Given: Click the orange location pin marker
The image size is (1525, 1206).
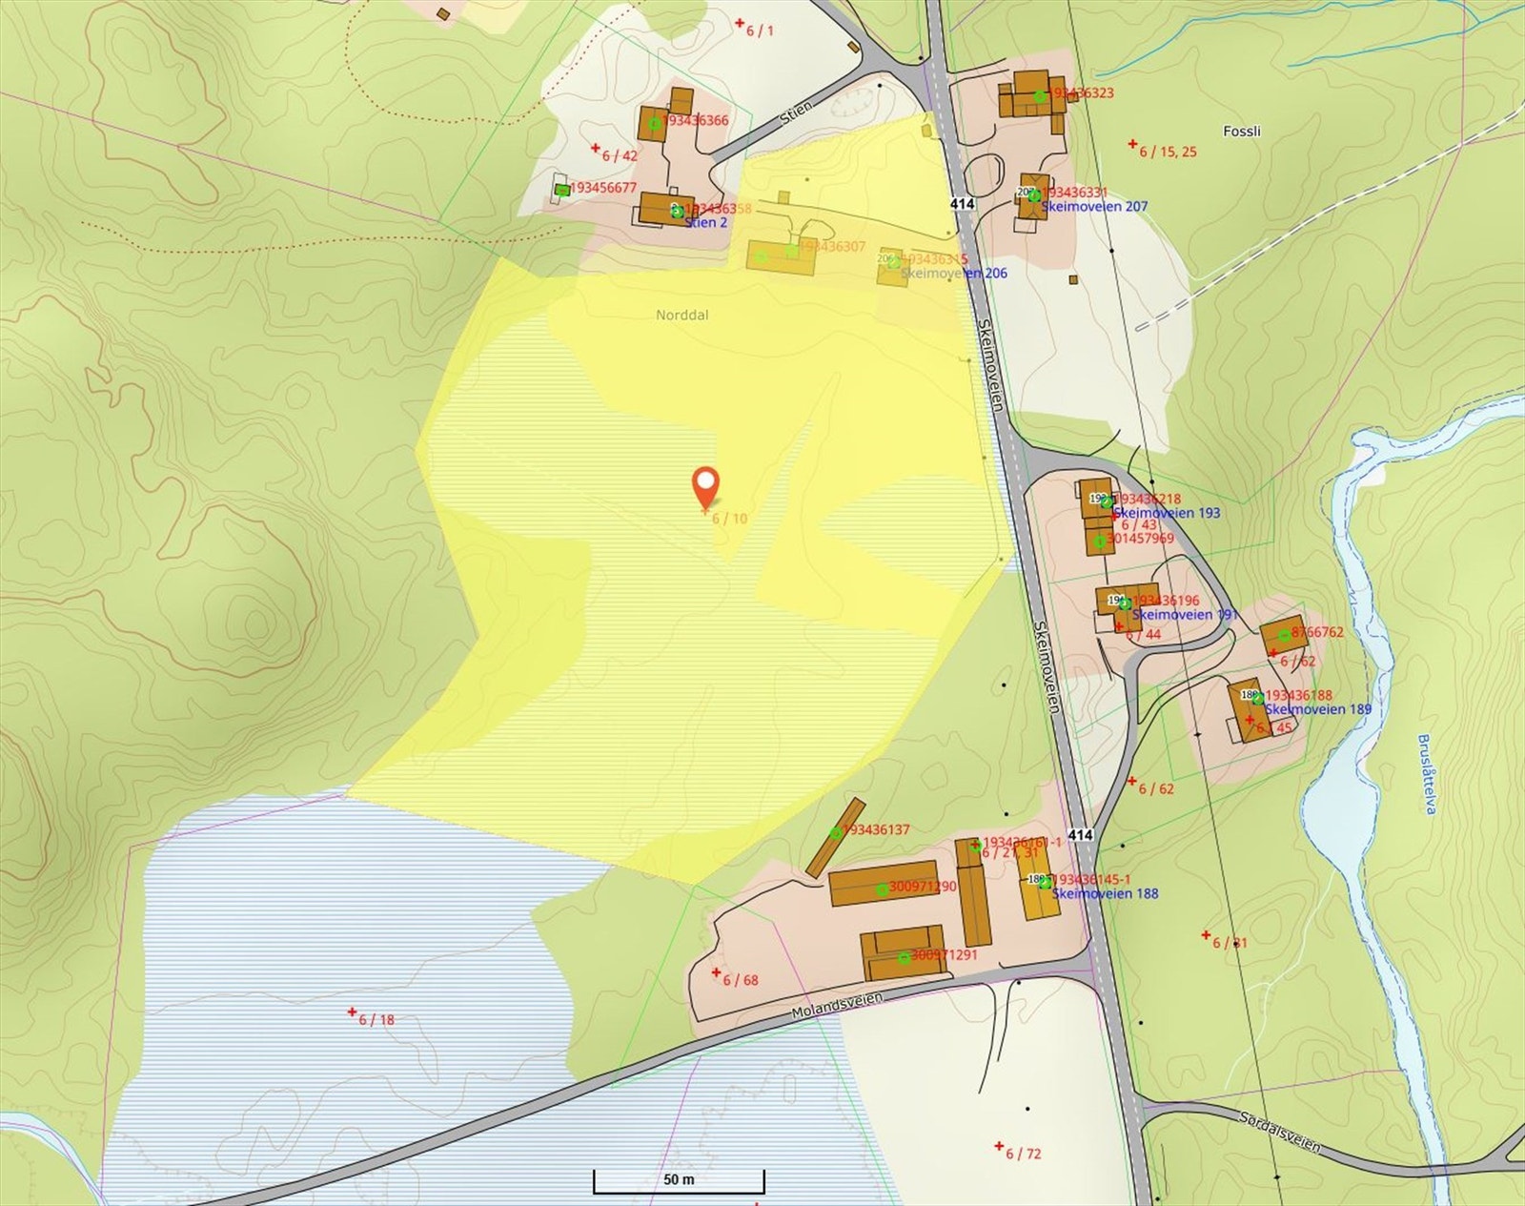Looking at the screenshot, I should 704,487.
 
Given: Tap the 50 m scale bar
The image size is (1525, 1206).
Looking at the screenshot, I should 679,1180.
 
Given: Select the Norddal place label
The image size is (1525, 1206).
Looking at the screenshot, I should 681,315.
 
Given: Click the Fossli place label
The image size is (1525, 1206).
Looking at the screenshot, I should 1241,132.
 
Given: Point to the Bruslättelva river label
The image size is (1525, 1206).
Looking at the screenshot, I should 1426,773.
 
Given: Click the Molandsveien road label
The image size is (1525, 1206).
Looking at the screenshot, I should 837,1005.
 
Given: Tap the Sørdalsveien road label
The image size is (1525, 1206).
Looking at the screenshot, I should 1279,1131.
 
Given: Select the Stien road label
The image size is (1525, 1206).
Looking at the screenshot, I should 796,112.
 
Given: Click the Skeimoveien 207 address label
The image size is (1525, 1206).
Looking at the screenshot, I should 1094,206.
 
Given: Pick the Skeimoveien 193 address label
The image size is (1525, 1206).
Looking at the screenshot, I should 1167,513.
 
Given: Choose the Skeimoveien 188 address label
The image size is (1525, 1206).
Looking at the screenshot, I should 1106,894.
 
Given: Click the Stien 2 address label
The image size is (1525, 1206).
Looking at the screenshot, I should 706,222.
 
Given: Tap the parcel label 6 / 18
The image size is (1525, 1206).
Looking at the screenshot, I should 376,1019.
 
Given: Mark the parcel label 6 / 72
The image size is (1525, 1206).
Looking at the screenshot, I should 1023,1154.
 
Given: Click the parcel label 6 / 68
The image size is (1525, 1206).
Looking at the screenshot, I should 740,980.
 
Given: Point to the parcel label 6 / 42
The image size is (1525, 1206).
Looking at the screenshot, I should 620,155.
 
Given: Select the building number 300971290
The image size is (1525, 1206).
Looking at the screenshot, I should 922,887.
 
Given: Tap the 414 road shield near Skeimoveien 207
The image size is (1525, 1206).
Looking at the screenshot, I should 962,204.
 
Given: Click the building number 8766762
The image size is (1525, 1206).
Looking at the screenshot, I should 1317,632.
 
